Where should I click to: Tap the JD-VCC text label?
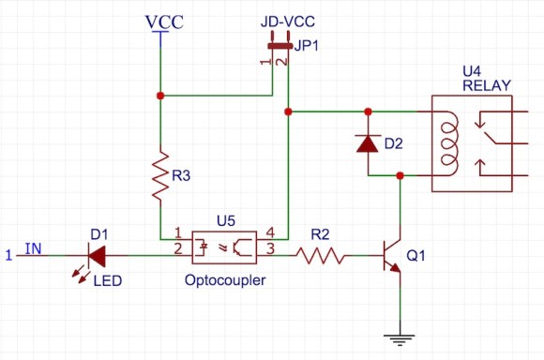(286, 21)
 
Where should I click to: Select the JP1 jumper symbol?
(280, 44)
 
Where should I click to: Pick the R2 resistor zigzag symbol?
(321, 253)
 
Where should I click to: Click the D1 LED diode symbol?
(97, 253)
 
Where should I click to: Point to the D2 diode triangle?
(369, 143)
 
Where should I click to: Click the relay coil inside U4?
(448, 142)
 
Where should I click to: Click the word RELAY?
(487, 85)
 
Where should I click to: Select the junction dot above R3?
(161, 96)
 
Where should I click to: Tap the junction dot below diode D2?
(400, 174)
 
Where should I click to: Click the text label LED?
(107, 279)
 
